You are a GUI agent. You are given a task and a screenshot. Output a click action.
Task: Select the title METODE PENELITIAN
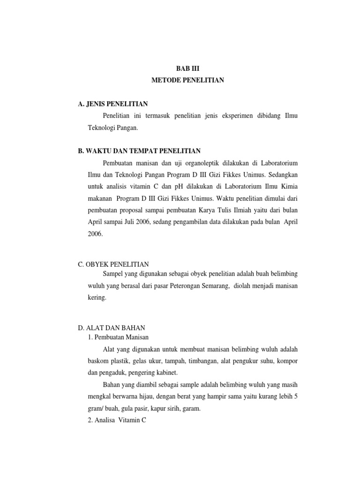click(x=188, y=81)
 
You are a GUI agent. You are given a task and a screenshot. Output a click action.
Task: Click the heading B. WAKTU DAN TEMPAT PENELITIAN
click(x=139, y=151)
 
